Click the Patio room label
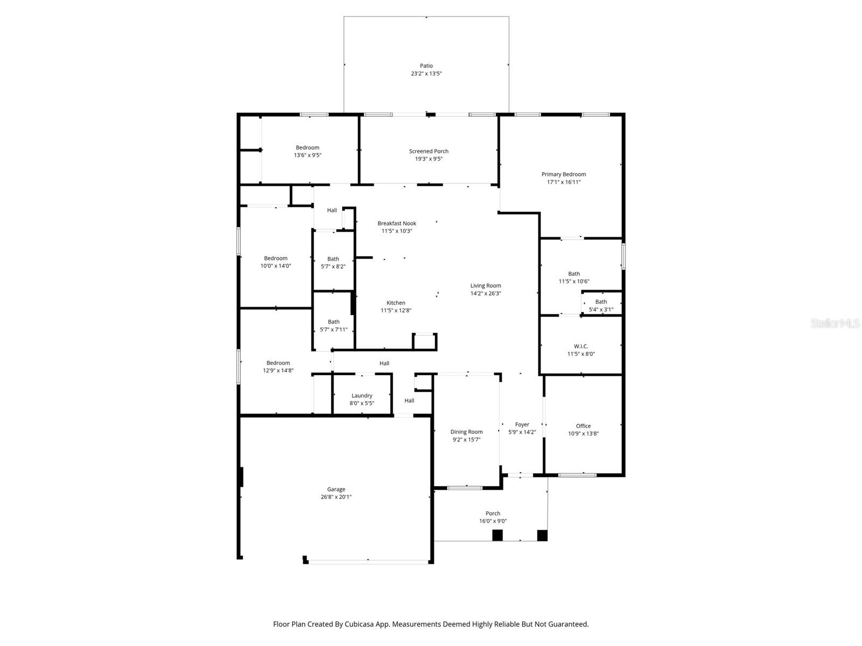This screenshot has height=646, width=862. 426,66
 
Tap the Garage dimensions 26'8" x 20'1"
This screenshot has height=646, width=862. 336,497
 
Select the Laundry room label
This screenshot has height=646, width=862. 362,396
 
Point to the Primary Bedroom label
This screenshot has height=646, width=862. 564,174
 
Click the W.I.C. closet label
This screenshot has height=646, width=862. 581,346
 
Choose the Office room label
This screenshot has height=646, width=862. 583,426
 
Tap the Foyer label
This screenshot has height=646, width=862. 522,424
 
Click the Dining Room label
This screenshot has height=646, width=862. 467,432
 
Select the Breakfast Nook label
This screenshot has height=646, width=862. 397,223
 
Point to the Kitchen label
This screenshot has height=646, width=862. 396,303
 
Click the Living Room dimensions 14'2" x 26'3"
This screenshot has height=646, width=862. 485,293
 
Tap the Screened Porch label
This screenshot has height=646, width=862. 428,151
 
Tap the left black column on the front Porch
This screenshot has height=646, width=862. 497,535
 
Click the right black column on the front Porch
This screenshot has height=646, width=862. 542,535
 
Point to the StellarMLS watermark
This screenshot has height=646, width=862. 835,324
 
